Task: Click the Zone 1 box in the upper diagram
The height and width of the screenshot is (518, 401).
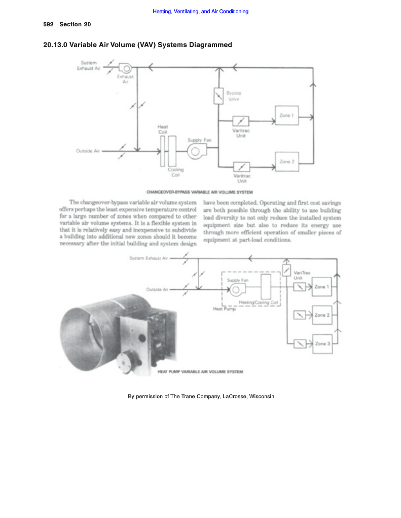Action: coord(286,115)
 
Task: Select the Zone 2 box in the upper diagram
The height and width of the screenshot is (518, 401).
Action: coord(286,161)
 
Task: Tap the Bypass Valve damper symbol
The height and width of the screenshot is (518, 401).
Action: coord(218,96)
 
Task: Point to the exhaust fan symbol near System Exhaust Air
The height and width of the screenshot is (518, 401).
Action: coord(124,68)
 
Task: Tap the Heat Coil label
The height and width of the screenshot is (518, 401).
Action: coord(163,129)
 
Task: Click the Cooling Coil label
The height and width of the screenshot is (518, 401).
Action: coord(176,172)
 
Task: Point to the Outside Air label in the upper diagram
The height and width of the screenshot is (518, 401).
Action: coord(88,151)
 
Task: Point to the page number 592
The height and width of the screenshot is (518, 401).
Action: coord(49,24)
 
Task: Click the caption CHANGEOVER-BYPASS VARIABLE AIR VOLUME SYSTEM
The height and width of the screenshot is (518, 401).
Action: coord(199,192)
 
